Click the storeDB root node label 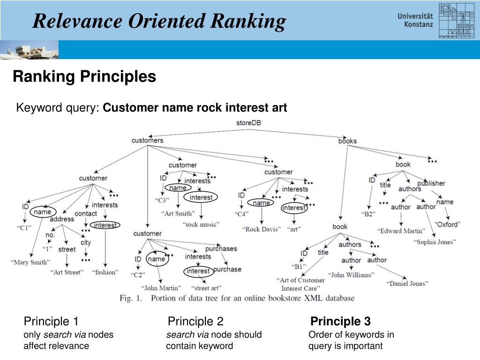[248, 123]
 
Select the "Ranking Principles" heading [84, 76]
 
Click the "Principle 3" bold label [341, 322]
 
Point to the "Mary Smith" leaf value [30, 262]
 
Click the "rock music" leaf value [201, 225]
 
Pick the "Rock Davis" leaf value [262, 229]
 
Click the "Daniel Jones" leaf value [407, 284]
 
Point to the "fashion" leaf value [105, 272]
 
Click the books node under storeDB [347, 141]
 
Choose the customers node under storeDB [147, 140]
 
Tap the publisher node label [431, 183]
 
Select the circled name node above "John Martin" [157, 259]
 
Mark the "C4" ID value [241, 214]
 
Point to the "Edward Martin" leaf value [401, 231]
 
